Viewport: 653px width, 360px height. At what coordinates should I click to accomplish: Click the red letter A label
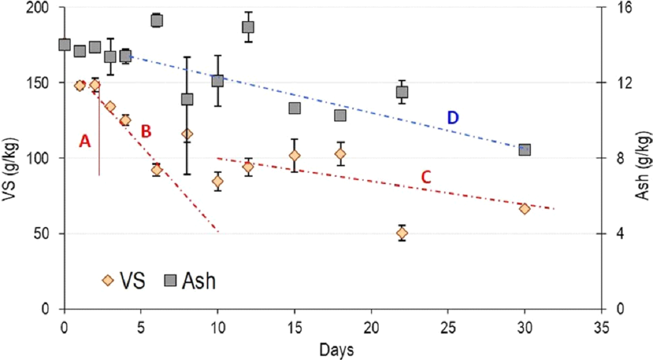point(85,141)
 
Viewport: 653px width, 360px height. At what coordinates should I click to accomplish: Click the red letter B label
point(146,132)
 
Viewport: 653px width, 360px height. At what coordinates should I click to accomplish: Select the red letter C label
point(425,177)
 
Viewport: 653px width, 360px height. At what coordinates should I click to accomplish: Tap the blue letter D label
point(452,118)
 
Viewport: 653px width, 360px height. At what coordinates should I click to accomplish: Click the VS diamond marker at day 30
point(525,208)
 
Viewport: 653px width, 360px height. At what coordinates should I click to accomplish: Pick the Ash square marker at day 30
point(525,149)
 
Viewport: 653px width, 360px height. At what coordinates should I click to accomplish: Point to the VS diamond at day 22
point(402,233)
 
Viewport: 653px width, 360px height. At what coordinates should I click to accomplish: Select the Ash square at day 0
point(64,45)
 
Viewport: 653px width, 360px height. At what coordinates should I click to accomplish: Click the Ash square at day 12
point(248,27)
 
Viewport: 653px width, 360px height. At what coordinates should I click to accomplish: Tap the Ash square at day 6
point(157,21)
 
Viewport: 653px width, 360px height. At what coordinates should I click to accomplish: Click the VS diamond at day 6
point(157,169)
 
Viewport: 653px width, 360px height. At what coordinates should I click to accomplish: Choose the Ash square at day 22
point(402,92)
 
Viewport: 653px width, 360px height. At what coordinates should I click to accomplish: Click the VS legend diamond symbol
point(107,281)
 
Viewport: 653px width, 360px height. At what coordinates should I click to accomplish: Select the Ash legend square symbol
point(169,281)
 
